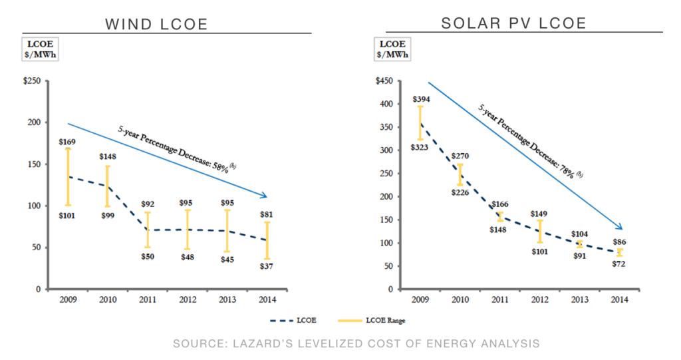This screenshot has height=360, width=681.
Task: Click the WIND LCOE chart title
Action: pos(157,25)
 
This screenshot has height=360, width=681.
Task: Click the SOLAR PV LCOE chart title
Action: pos(513,24)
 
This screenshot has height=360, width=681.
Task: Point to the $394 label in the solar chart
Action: pos(421,99)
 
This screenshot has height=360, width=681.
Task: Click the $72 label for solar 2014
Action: pos(619,264)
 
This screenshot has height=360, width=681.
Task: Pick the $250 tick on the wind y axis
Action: pos(32,81)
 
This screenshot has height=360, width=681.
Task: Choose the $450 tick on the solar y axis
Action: pos(384,81)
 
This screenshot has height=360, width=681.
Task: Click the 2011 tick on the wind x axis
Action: pos(147,299)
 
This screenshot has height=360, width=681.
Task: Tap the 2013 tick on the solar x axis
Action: pos(579,299)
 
